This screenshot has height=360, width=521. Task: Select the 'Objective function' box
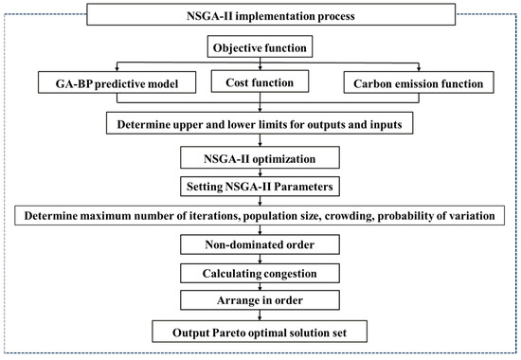coord(260,46)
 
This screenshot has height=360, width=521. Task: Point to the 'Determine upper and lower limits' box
coord(260,123)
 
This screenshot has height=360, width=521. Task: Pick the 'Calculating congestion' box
coord(260,276)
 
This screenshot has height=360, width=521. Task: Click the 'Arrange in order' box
coord(260,303)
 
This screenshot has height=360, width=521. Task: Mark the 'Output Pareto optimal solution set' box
coord(260,333)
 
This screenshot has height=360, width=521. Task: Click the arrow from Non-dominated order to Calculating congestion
coord(260,261)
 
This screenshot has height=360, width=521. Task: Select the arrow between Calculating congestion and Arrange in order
coord(260,289)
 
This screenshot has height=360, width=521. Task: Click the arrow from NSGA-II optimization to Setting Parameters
coord(260,171)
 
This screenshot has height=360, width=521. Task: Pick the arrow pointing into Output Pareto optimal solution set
coord(260,317)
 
